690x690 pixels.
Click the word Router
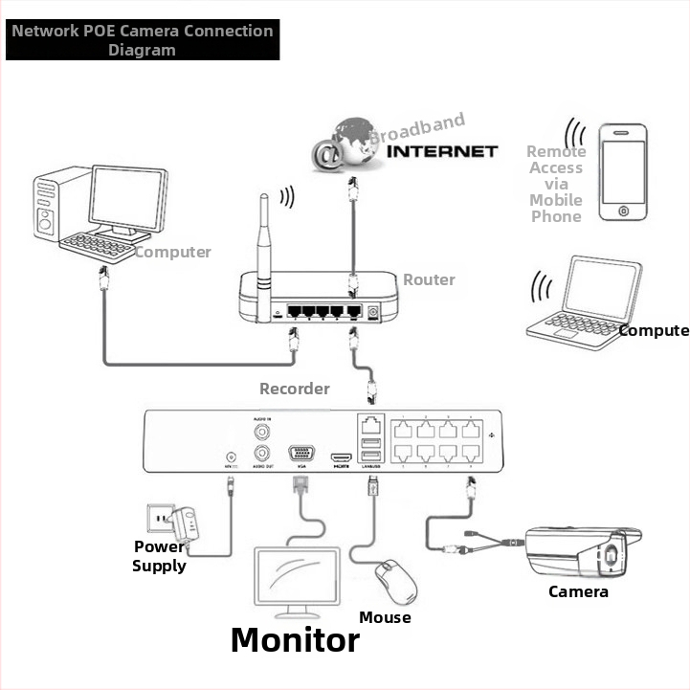click(x=429, y=279)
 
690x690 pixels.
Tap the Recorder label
click(x=295, y=389)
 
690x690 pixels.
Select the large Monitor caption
click(x=295, y=639)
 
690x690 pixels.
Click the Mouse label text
click(x=385, y=617)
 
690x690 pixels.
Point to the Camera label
click(x=578, y=591)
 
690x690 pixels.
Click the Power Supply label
click(x=159, y=556)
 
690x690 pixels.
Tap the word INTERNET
click(x=446, y=150)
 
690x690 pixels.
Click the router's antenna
click(x=264, y=254)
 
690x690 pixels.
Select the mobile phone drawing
click(x=623, y=171)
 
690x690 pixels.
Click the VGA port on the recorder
click(x=301, y=455)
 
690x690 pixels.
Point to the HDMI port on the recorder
click(x=340, y=458)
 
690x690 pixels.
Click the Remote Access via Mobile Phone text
click(x=556, y=184)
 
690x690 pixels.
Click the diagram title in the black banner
click(x=143, y=40)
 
